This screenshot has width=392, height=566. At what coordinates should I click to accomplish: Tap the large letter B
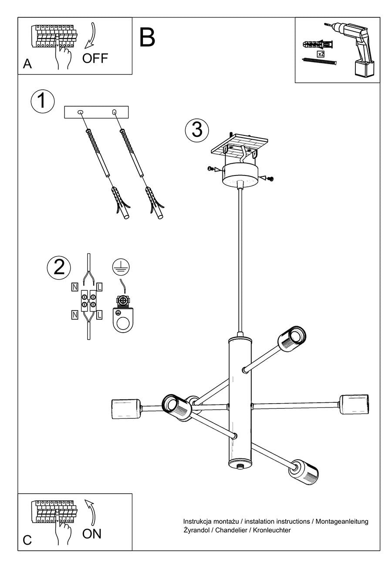147,37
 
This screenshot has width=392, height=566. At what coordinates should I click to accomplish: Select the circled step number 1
42,101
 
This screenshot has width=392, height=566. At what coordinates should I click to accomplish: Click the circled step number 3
197,130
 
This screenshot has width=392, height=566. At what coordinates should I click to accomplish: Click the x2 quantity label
321,54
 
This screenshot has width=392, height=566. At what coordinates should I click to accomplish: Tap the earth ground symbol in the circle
121,267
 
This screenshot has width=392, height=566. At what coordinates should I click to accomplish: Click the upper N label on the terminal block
75,287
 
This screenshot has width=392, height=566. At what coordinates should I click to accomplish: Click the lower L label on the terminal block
99,315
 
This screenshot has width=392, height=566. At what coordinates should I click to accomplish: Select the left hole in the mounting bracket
81,112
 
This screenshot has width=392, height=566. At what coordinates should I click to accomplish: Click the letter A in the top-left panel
27,64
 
